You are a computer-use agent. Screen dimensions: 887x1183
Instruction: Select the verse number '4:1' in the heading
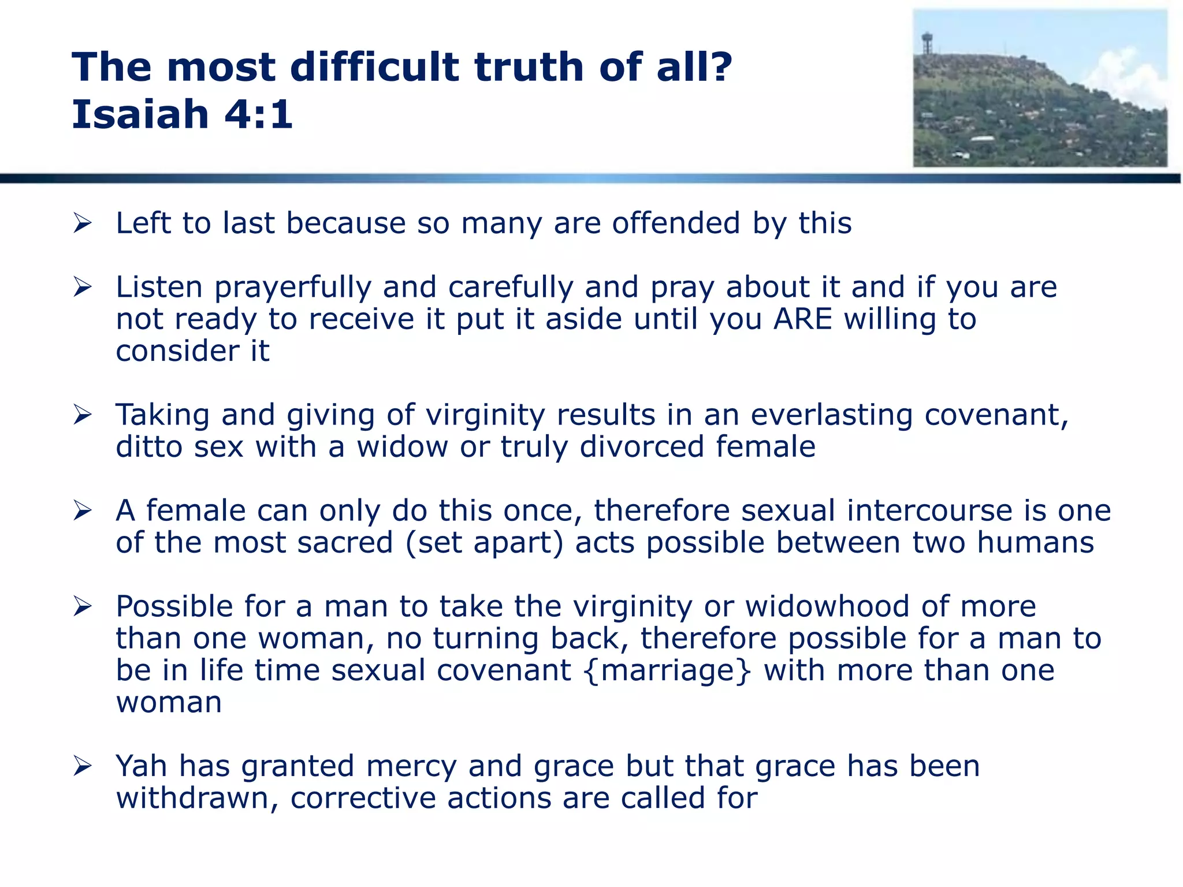(x=259, y=114)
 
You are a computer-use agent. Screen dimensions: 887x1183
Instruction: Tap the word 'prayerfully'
(x=293, y=288)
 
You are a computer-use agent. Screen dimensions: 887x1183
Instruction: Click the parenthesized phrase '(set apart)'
(x=484, y=543)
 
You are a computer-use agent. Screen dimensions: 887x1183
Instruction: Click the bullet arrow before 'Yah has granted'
(x=83, y=766)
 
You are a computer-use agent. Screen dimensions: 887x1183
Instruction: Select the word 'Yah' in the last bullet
(x=142, y=766)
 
